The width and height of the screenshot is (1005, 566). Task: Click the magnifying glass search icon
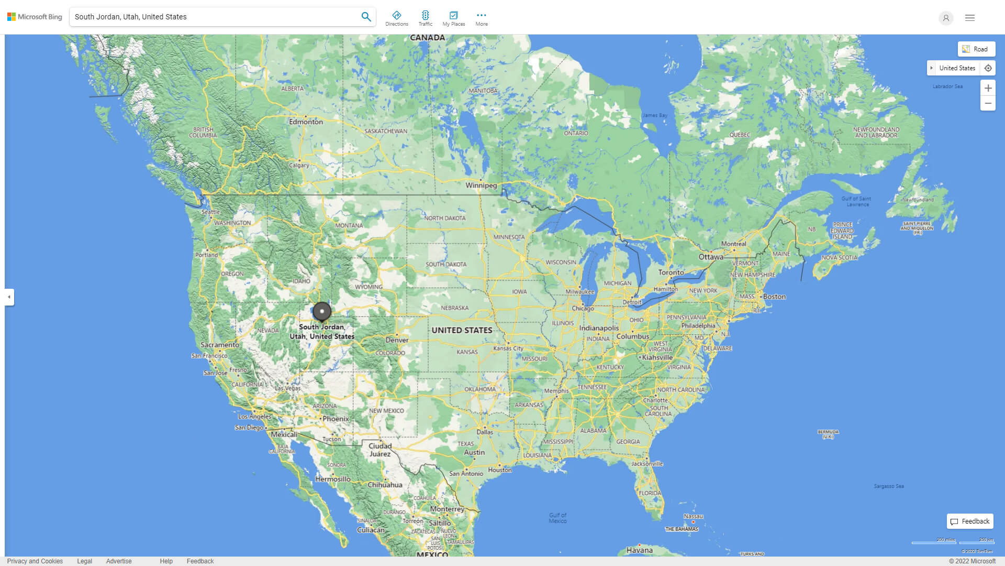coord(366,17)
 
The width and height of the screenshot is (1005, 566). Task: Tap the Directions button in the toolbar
coord(397,18)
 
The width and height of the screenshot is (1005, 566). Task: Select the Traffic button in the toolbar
coord(426,18)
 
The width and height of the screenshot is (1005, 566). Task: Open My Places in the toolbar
coord(453,18)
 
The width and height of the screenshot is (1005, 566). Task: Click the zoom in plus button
coord(988,88)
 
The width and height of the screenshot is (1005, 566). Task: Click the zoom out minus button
coord(988,103)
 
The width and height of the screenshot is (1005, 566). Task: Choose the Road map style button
coord(976,49)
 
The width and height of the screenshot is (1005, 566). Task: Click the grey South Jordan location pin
coord(322,312)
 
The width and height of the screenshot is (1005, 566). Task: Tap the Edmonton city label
coord(306,122)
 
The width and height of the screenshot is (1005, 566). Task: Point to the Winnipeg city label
coord(481,185)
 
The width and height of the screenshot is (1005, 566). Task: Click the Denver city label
coord(397,340)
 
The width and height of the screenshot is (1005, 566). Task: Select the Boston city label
coord(774,297)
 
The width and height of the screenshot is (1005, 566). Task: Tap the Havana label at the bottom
coord(639,550)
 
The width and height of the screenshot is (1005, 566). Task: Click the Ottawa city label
coord(711,257)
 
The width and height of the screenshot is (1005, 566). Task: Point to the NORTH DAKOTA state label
coord(444,218)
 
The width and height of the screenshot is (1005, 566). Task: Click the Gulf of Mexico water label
coord(557,518)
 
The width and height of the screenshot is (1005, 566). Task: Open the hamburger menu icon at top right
coord(970,18)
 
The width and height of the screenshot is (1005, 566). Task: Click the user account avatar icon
coord(946,18)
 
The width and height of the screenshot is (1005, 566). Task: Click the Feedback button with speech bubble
coord(970,521)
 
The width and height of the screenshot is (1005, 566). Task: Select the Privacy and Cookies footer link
coord(35,561)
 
